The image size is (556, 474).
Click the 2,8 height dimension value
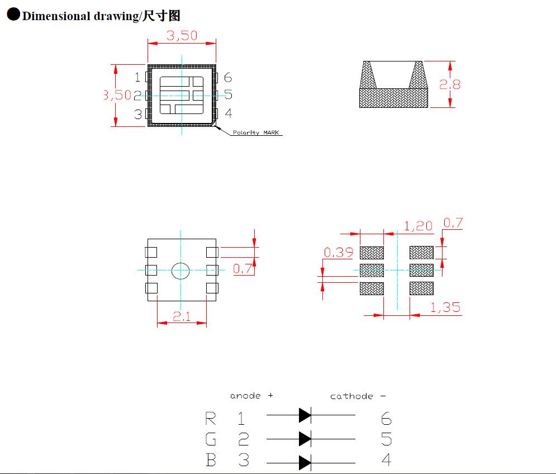tap(450, 84)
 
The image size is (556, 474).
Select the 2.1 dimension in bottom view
tap(182, 316)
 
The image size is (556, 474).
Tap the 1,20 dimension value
tap(418, 226)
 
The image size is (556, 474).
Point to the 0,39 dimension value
tap(339, 253)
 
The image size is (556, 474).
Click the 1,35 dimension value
tap(445, 307)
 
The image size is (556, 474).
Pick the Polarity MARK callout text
tap(256, 133)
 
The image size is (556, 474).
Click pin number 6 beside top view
tap(227, 78)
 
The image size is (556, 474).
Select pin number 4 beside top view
tap(228, 114)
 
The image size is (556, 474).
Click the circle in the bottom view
tap(180, 271)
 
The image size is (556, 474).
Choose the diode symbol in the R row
tap(305, 415)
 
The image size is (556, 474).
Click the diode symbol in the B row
tap(305, 462)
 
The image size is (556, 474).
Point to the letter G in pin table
tap(211, 439)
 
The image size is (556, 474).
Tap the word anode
tap(245, 396)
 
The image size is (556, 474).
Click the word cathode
tap(351, 396)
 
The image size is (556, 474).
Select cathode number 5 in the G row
tap(386, 439)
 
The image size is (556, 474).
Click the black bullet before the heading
tap(13, 15)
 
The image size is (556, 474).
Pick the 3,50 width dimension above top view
tap(182, 36)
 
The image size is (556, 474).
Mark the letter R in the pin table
tap(211, 418)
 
